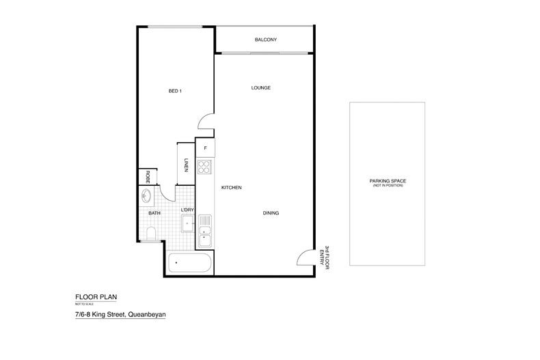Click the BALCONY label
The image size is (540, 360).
tap(265, 40)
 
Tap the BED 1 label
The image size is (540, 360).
tap(176, 91)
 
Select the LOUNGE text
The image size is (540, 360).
tap(261, 88)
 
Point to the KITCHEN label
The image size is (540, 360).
tap(231, 187)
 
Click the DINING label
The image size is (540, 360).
tap(271, 213)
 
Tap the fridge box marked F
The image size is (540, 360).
tap(205, 148)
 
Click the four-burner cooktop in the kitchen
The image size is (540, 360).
tap(205, 167)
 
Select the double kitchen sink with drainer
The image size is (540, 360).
tap(205, 230)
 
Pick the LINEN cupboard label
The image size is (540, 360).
tap(186, 165)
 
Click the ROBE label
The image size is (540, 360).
tap(147, 177)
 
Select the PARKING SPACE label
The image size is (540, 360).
tap(387, 181)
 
